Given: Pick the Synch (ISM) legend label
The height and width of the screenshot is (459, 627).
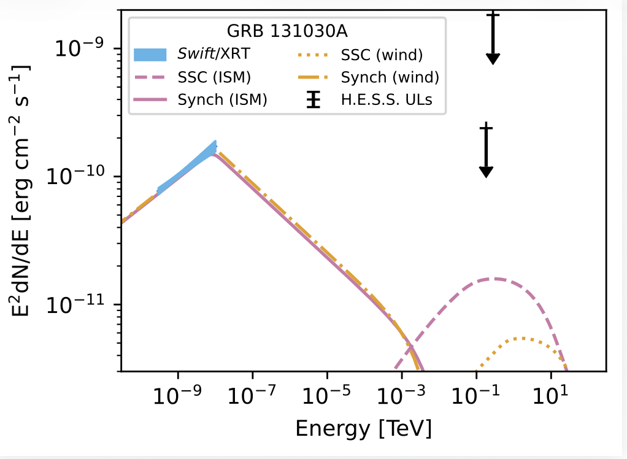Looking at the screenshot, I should [x=221, y=100].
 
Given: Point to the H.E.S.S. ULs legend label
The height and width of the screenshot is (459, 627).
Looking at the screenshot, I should [x=387, y=100].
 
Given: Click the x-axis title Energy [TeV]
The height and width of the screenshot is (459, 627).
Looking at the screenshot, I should [x=363, y=428].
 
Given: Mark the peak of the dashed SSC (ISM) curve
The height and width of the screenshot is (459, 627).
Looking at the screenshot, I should [x=494, y=279].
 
